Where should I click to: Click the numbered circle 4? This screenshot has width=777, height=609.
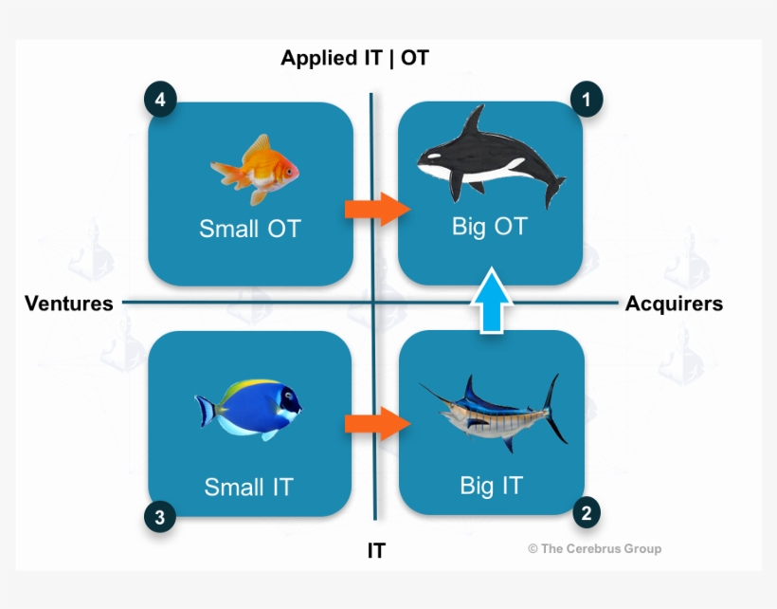[160, 99]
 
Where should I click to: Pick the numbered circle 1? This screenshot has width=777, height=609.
[586, 99]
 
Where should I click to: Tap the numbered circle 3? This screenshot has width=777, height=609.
[159, 517]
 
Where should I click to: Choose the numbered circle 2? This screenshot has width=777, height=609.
[587, 513]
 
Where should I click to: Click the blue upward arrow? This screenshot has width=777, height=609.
[491, 301]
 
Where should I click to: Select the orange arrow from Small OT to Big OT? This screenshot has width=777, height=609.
[376, 209]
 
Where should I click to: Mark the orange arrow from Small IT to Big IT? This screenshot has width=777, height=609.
[376, 423]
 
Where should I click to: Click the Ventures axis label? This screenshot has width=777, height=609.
[68, 304]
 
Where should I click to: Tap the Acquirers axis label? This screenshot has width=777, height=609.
[674, 304]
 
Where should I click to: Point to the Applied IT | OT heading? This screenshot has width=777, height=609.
[354, 58]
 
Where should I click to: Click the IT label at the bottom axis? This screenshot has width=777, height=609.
[376, 550]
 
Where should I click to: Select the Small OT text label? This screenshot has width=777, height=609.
[249, 229]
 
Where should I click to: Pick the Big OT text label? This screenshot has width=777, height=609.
[489, 227]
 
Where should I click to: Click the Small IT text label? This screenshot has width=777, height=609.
[248, 487]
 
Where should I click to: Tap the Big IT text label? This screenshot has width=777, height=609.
[491, 485]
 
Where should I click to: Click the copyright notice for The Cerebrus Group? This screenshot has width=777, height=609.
[594, 548]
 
